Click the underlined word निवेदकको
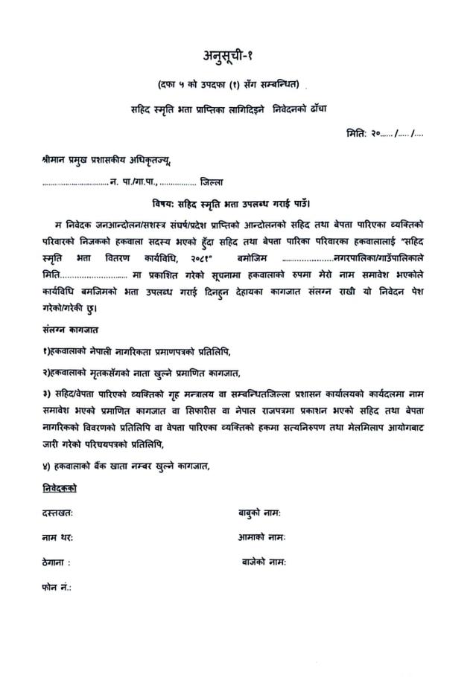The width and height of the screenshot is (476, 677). coord(60,489)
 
